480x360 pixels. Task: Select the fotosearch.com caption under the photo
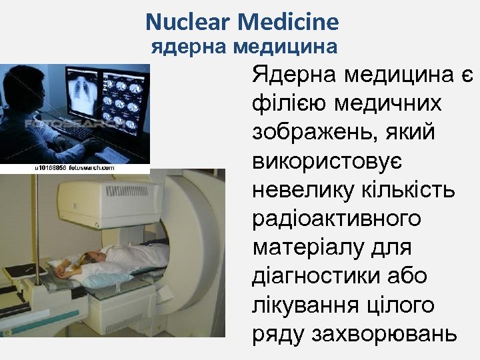tap(74, 169)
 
